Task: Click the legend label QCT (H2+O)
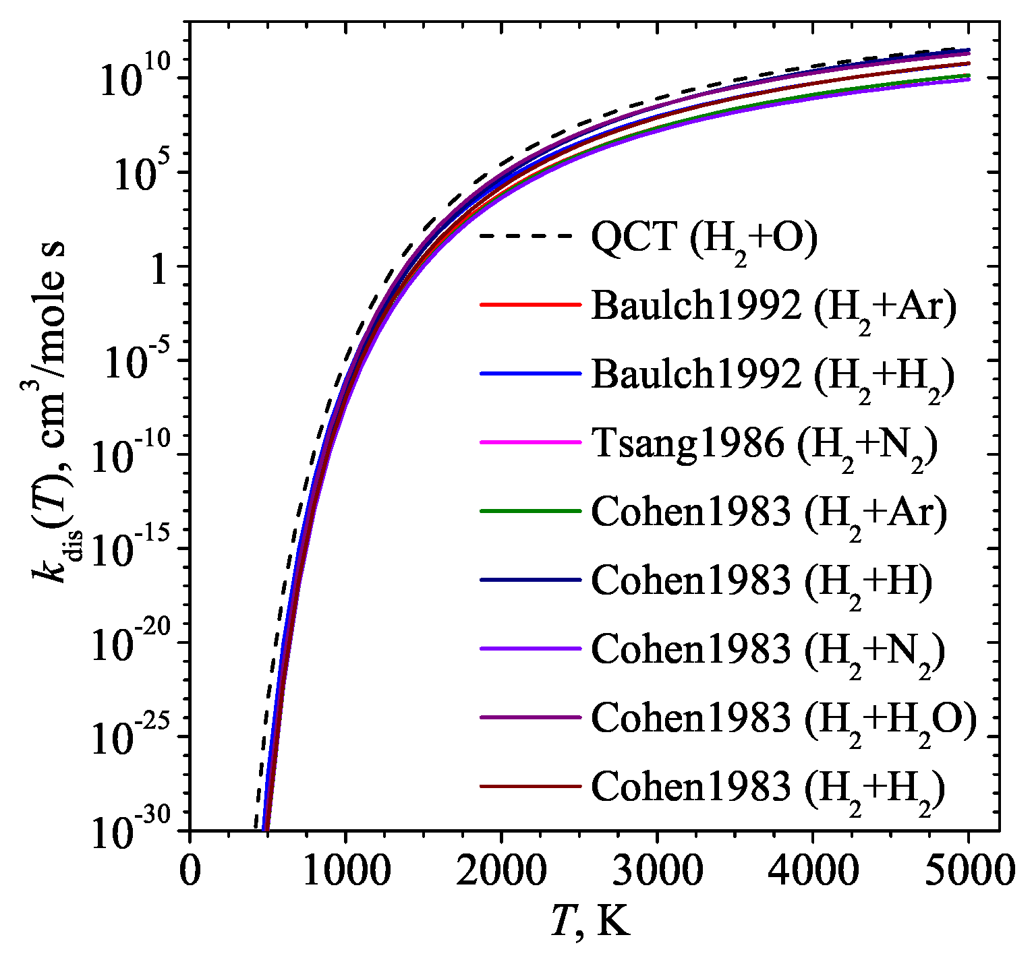tap(704, 239)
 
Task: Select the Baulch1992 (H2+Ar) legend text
tap(774, 308)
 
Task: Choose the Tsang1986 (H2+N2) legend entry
tap(764, 446)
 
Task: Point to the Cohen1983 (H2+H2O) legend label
tap(784, 720)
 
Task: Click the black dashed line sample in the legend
tap(530, 237)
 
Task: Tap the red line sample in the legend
tap(530, 305)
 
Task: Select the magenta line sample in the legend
tap(530, 442)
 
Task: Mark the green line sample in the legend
tap(530, 511)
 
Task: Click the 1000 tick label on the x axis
tap(345, 870)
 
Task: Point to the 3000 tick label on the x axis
tap(657, 870)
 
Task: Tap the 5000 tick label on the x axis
tap(969, 870)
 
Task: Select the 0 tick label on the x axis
tap(190, 870)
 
